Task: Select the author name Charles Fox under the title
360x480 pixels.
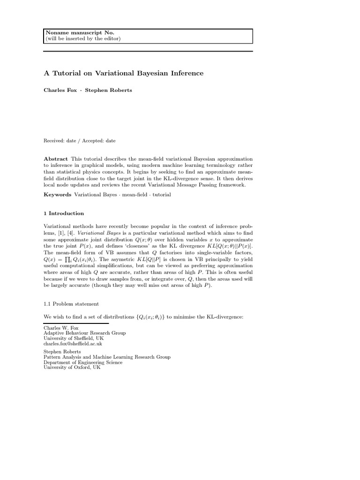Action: (x=60, y=90)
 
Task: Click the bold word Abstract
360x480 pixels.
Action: (x=56, y=159)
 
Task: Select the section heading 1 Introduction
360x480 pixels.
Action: (x=64, y=213)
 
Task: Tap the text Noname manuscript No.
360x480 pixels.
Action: (x=80, y=32)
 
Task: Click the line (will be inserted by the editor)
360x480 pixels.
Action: (x=83, y=38)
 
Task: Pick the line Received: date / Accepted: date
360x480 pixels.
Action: (x=80, y=140)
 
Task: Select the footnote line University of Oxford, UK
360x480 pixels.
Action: (x=72, y=367)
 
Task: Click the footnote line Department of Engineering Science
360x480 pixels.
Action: (x=83, y=362)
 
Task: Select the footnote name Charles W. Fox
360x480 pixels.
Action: (x=61, y=328)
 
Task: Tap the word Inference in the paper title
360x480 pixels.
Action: (x=186, y=73)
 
